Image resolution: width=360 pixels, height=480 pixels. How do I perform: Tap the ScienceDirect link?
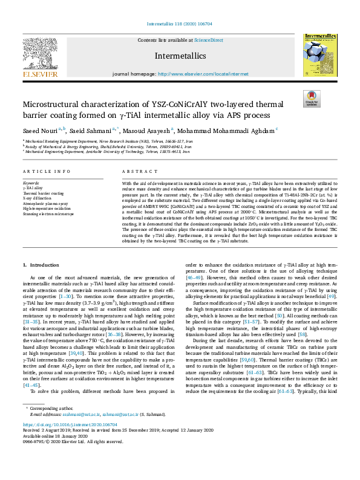coord(208,40)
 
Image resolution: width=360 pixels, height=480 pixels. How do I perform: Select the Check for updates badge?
coord(312,99)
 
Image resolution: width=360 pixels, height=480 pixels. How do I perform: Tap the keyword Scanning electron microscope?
coord(48,214)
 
